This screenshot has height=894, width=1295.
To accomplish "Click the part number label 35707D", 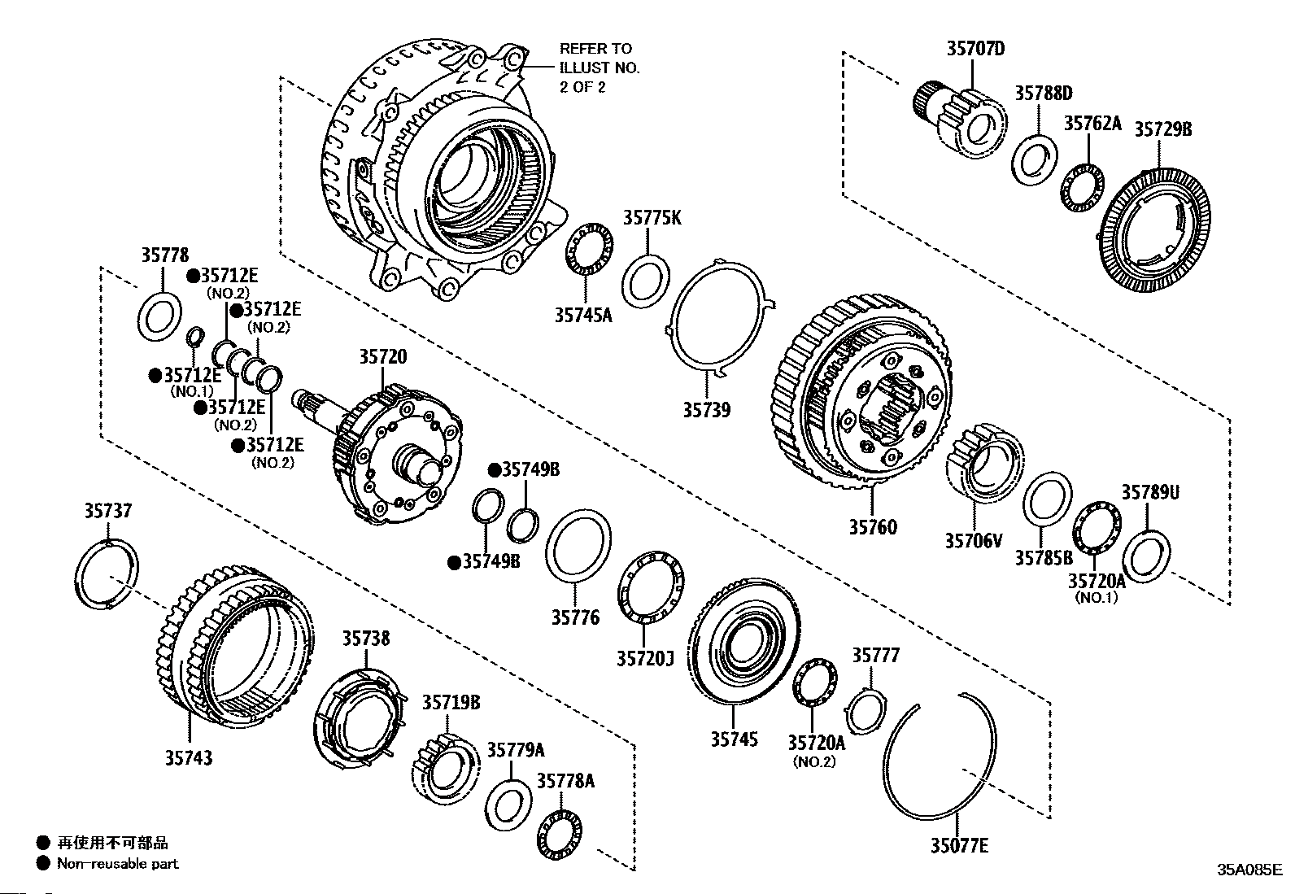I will coord(975,49).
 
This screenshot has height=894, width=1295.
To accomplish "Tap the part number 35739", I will coord(706,410).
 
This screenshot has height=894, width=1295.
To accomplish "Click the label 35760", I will coord(873,527).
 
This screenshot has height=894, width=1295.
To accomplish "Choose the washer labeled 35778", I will coord(162,318).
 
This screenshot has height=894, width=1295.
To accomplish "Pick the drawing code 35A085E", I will coord(1249,869).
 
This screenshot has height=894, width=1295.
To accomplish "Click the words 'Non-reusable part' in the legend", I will coord(117,863).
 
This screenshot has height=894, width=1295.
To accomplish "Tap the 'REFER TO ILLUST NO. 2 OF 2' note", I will coord(600,68).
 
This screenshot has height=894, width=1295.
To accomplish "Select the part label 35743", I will coord(189,758).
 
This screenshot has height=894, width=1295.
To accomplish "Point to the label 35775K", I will coord(652,217).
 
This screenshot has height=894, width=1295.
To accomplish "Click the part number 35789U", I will coord(1150,492).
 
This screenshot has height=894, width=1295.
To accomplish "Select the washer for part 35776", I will coord(578,547).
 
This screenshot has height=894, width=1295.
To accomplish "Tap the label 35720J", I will coord(645,657).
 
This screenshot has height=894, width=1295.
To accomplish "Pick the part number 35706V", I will coord(974,540).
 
